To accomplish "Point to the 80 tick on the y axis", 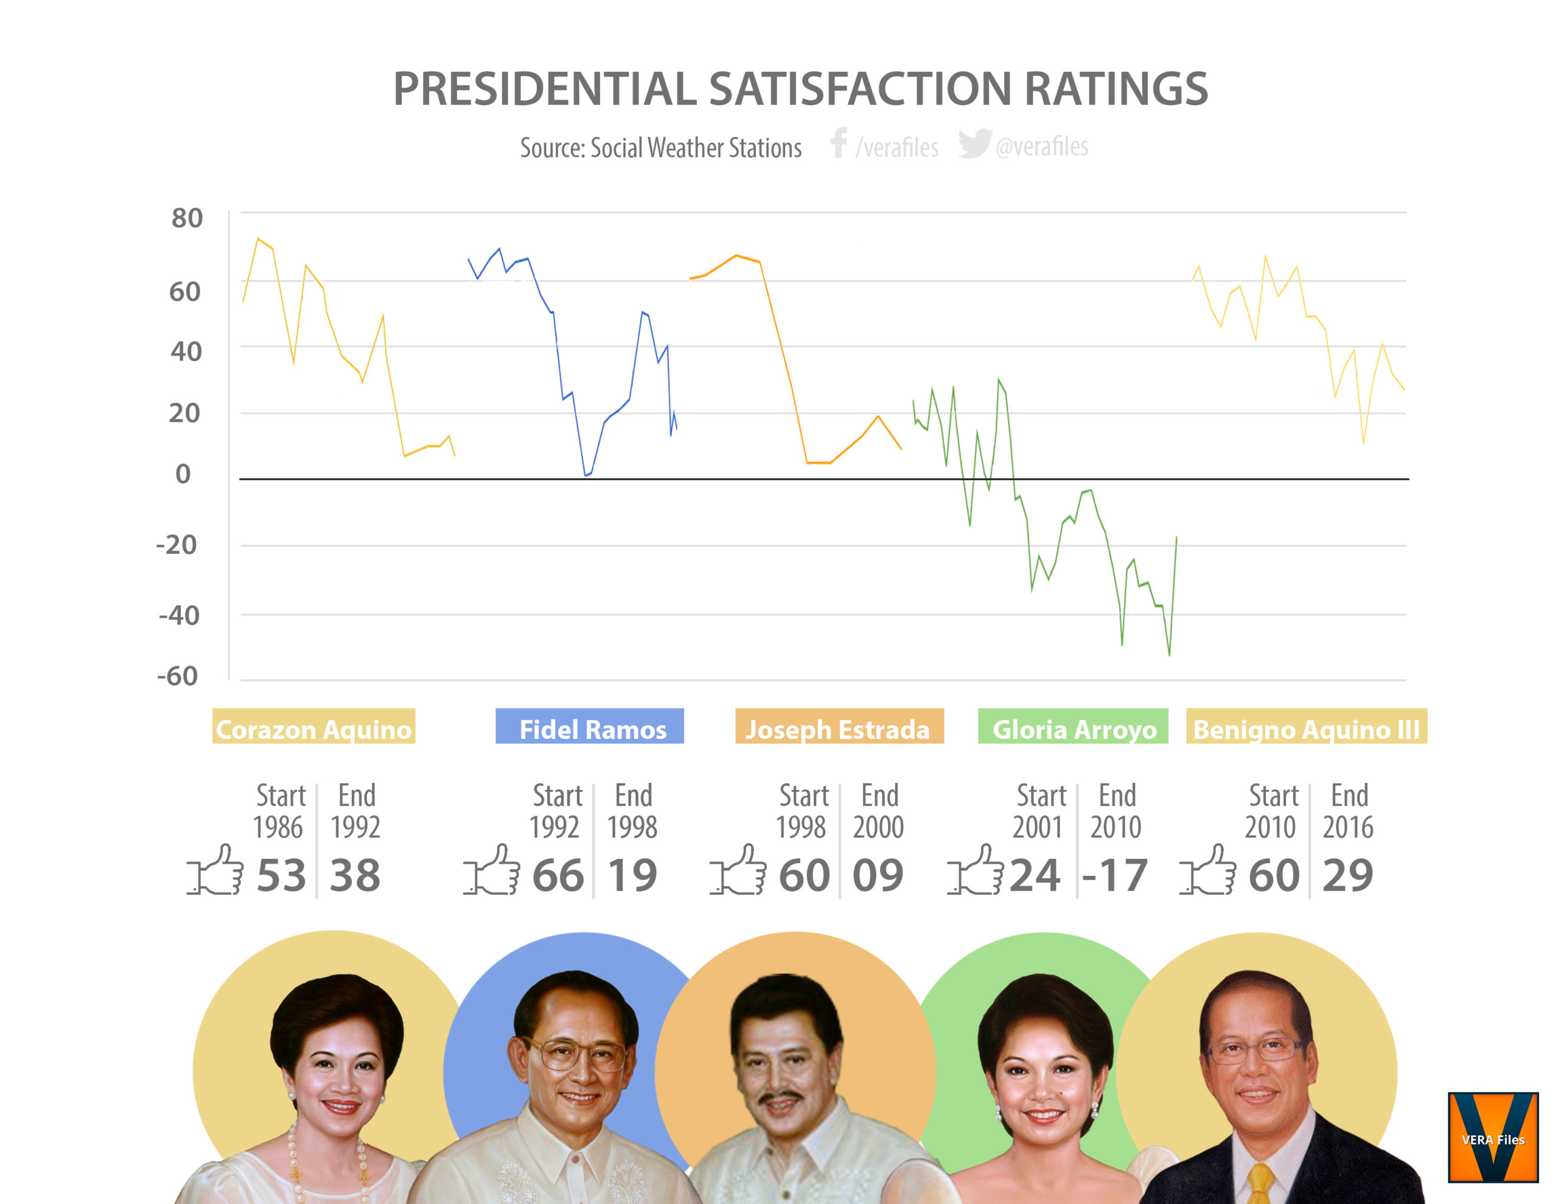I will (187, 218).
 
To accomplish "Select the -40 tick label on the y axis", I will (179, 615).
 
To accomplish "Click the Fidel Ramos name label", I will (590, 727).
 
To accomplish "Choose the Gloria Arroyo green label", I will (1073, 727).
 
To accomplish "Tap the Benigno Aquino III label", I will (1306, 727).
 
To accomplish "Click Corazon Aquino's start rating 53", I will (281, 876).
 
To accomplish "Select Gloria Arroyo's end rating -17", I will (1114, 876).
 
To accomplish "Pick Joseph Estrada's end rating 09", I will (878, 876).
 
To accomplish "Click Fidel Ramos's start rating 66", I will (558, 876).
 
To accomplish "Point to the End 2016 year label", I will (1348, 811).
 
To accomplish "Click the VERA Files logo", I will (1492, 1137).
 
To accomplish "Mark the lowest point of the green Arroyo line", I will (1169, 654).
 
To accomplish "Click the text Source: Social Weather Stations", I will (660, 149).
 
